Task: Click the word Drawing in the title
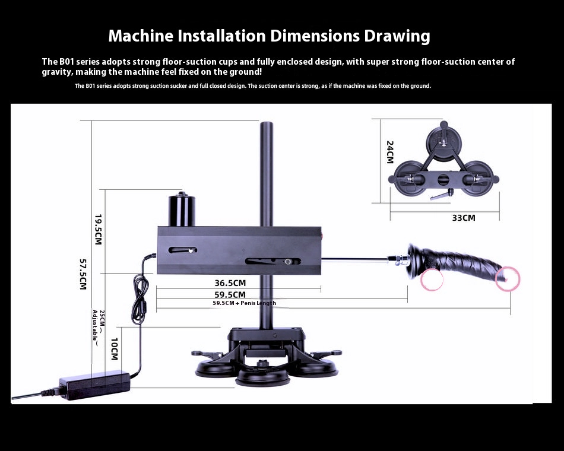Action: (x=397, y=36)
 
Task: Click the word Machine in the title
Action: (x=141, y=36)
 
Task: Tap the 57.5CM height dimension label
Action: (x=83, y=274)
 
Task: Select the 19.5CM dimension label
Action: (x=98, y=230)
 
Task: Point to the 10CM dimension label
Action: (x=115, y=349)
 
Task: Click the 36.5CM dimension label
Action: (x=230, y=283)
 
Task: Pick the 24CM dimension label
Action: (x=390, y=152)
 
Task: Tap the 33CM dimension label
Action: (x=464, y=218)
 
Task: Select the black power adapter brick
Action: (x=95, y=385)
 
